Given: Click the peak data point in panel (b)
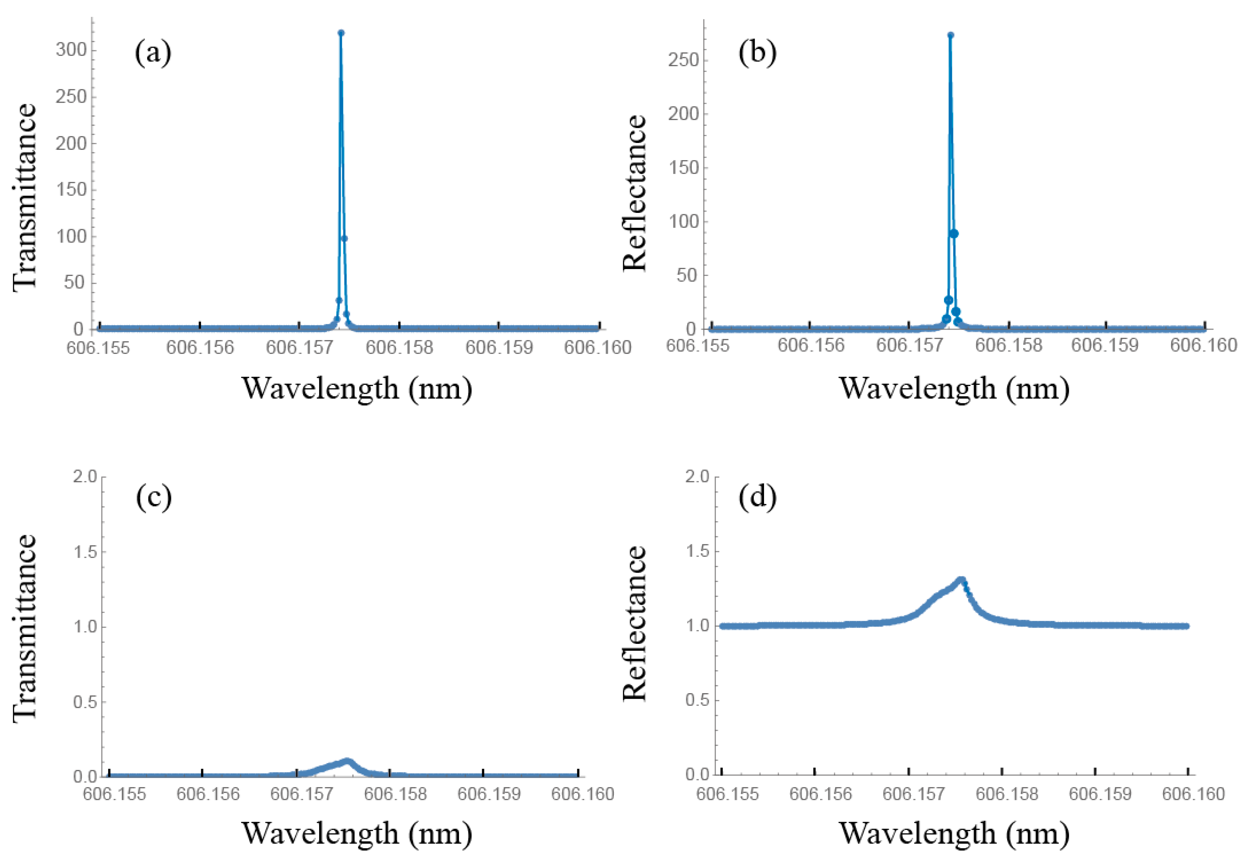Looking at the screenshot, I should click(951, 35).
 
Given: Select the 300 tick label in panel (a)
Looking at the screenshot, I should click(71, 50).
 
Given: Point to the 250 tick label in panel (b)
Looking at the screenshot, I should click(683, 60).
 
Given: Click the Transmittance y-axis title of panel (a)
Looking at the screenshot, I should click(25, 197).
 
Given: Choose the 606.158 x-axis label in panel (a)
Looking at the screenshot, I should click(399, 347).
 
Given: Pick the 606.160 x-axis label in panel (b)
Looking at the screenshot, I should click(1203, 345).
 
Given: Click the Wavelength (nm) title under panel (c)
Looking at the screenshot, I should click(356, 833).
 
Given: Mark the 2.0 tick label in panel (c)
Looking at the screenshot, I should click(85, 476).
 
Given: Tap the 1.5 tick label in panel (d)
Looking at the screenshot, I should click(697, 551).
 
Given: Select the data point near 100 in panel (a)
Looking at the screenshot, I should click(344, 238).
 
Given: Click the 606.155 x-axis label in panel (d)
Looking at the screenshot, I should click(727, 794).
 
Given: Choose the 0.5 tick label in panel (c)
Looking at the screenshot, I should click(85, 702).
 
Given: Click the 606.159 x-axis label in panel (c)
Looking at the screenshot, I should click(488, 794).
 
